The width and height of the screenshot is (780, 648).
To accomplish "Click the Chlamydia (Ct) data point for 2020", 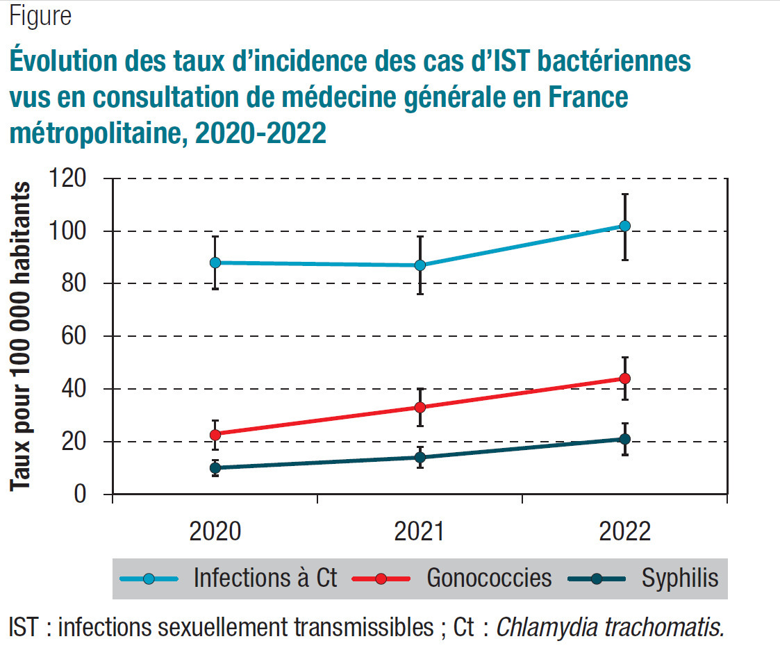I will (215, 263).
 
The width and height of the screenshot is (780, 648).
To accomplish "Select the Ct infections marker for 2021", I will (420, 265).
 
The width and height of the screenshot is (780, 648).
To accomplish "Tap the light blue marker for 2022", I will (624, 226).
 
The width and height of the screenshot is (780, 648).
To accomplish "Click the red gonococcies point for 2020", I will (215, 435).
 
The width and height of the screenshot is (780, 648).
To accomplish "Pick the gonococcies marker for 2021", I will (420, 407).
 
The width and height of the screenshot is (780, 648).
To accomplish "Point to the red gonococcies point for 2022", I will (624, 379).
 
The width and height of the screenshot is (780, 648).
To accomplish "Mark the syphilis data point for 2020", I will (215, 468).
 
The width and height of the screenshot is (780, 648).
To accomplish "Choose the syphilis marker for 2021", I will (420, 457).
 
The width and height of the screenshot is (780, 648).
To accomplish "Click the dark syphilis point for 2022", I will (624, 439).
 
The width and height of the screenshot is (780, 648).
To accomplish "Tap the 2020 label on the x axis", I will (215, 532).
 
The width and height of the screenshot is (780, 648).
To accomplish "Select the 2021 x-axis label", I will (420, 532).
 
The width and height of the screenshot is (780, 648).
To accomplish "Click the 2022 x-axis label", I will (624, 532).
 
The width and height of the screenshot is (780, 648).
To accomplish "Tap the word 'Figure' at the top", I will (40, 16).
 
